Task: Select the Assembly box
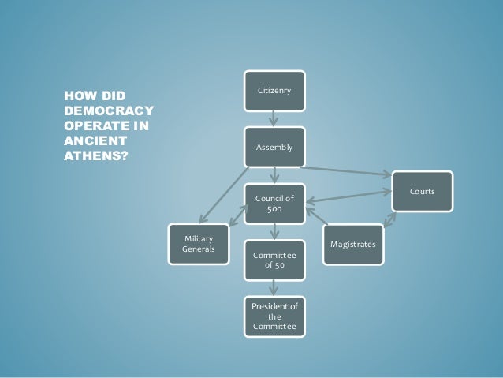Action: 274,148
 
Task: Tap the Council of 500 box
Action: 274,204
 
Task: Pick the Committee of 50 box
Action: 274,261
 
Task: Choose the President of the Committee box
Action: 274,316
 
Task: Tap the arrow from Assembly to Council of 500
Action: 274,176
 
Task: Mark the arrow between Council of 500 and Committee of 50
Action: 274,233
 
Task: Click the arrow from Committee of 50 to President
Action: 274,289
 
